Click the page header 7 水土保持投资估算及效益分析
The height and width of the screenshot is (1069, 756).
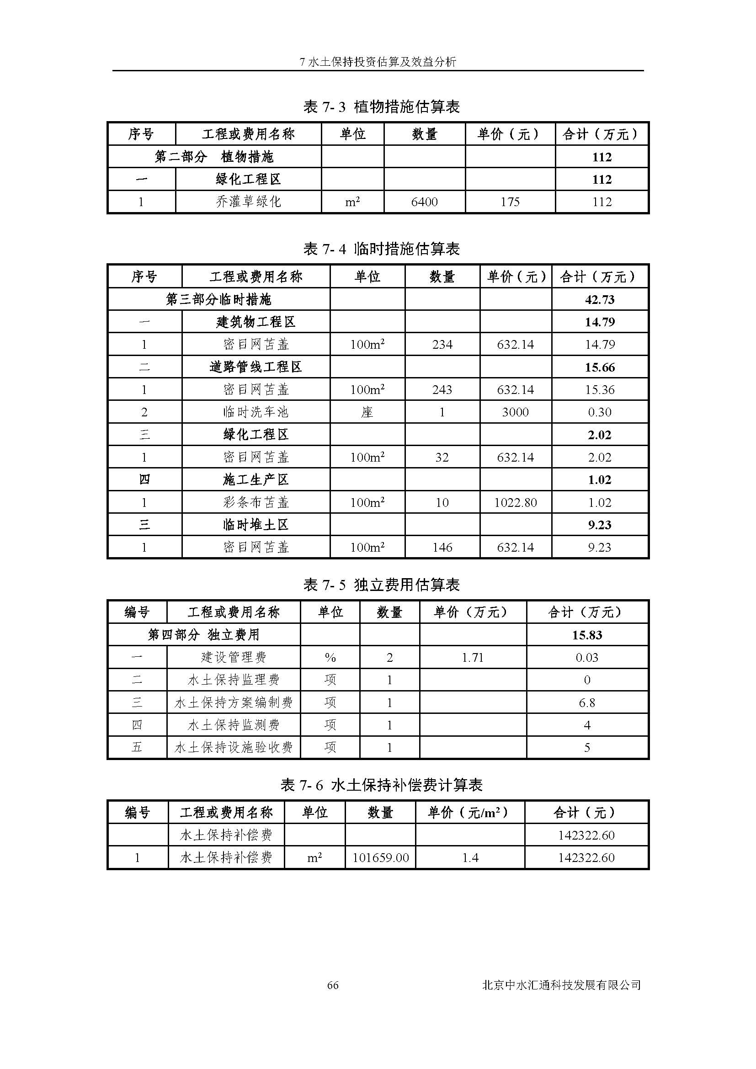pyautogui.click(x=378, y=61)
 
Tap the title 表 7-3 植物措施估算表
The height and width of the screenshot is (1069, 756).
pyautogui.click(x=381, y=107)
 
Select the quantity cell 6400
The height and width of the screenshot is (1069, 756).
pyautogui.click(x=424, y=202)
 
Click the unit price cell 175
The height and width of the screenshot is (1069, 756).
pyautogui.click(x=510, y=202)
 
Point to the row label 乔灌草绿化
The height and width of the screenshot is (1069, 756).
pyautogui.click(x=248, y=202)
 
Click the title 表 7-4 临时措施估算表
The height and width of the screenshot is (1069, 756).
pyautogui.click(x=381, y=249)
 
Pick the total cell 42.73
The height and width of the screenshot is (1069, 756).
pyautogui.click(x=600, y=299)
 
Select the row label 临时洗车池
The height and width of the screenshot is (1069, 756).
pyautogui.click(x=256, y=412)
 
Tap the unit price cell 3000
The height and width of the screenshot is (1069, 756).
pyautogui.click(x=515, y=412)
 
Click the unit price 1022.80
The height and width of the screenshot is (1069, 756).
pyautogui.click(x=515, y=503)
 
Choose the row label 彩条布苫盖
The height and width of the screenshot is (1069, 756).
pyautogui.click(x=256, y=503)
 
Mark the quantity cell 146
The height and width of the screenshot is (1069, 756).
pyautogui.click(x=442, y=548)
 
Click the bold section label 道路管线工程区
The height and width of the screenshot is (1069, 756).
pyautogui.click(x=256, y=367)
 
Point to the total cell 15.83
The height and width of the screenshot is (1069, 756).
pyautogui.click(x=586, y=635)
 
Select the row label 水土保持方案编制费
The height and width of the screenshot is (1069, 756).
pyautogui.click(x=233, y=702)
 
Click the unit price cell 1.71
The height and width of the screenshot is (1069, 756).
pyautogui.click(x=473, y=657)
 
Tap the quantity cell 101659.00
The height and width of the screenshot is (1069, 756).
pyautogui.click(x=380, y=857)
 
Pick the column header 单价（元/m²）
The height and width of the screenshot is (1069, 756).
pyautogui.click(x=469, y=813)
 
